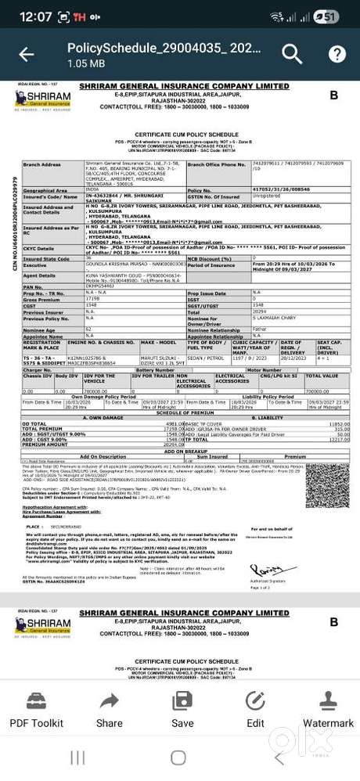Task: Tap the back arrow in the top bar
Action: click(27, 54)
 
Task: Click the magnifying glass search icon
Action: click(292, 53)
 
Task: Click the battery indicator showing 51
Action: click(329, 16)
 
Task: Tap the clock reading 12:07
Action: click(36, 16)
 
